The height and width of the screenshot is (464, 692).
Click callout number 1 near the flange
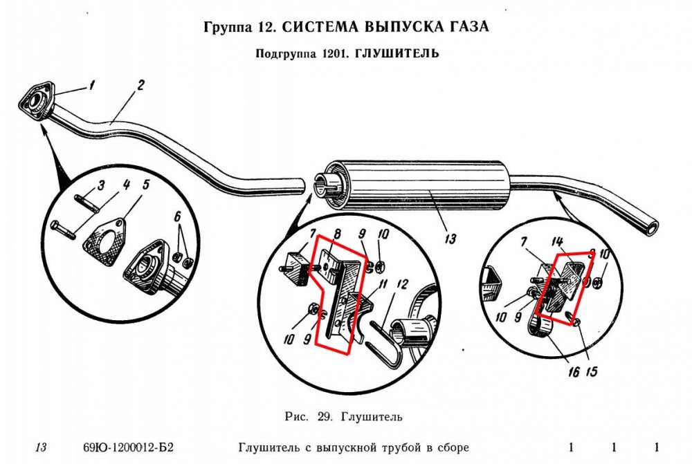point(90,86)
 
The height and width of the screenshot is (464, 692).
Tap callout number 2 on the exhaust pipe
point(140,86)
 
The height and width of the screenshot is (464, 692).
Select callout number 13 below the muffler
point(450,239)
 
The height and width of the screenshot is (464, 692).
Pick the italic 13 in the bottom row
point(41,447)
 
